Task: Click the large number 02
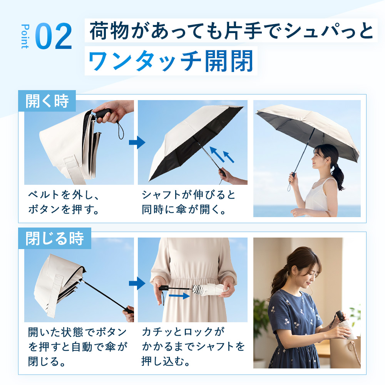(54, 36)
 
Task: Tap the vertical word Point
(25, 36)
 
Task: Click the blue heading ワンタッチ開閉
(171, 61)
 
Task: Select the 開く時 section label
(47, 101)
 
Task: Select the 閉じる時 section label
(55, 238)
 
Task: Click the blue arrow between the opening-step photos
(137, 142)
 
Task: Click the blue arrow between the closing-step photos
(137, 283)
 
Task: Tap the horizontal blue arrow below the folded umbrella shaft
(179, 296)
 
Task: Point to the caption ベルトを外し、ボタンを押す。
(64, 202)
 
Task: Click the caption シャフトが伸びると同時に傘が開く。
(189, 202)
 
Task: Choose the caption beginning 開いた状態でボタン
(78, 346)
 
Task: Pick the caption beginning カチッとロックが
(193, 346)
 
